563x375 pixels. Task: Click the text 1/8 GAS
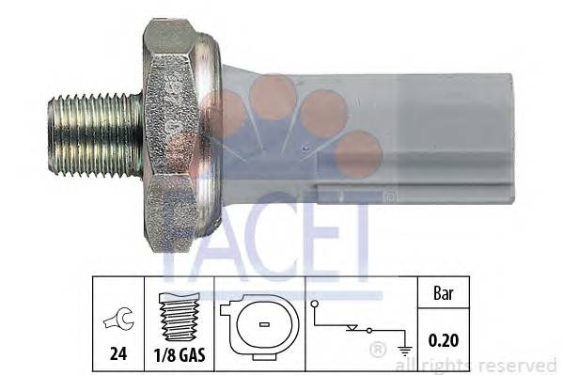(180, 356)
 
